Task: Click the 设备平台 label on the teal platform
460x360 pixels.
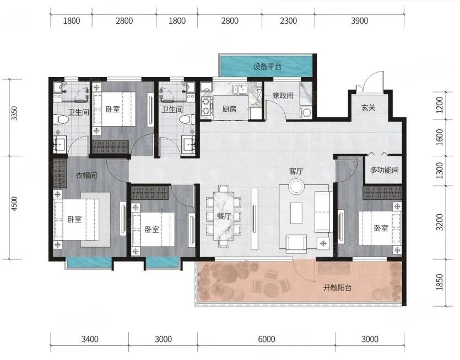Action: (x=267, y=67)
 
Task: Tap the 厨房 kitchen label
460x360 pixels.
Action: (x=229, y=109)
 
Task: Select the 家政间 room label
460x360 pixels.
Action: (x=283, y=96)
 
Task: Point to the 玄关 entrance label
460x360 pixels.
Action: (x=368, y=107)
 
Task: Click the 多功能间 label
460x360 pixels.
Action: (x=385, y=170)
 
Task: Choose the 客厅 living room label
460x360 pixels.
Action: (x=296, y=171)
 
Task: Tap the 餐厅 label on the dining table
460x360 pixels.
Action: (x=224, y=216)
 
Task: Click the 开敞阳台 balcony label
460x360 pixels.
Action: (x=337, y=287)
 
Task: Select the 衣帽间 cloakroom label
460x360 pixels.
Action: (x=86, y=176)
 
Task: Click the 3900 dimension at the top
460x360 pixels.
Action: (x=359, y=21)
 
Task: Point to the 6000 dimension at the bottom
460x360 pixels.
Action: (x=267, y=339)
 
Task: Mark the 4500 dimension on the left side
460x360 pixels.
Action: (x=14, y=204)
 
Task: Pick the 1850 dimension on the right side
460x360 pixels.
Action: (x=439, y=282)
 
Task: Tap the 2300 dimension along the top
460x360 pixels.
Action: (x=288, y=21)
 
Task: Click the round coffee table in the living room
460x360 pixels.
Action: (x=296, y=187)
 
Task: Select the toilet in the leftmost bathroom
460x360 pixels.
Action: (x=61, y=119)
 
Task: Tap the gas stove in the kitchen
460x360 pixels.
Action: (x=207, y=106)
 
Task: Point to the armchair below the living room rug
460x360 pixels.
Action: (x=296, y=244)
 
